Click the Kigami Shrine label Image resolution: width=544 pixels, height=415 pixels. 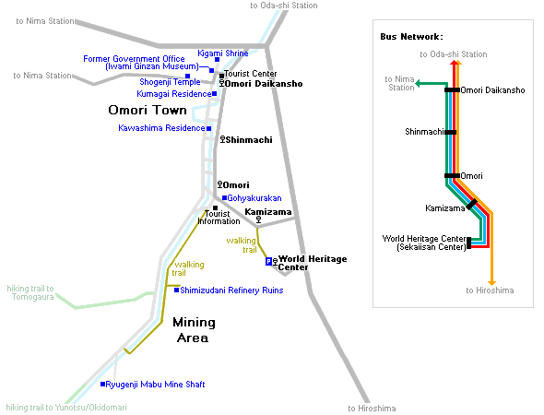pyautogui.click(x=223, y=53)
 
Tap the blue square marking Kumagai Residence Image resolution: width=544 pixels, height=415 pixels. pyautogui.click(x=215, y=93)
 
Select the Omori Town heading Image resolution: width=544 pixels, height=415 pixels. pyautogui.click(x=148, y=110)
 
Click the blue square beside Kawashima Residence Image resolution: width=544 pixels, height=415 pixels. pyautogui.click(x=209, y=128)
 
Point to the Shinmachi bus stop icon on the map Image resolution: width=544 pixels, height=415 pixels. pyautogui.click(x=223, y=139)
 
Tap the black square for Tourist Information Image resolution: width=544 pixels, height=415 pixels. pyautogui.click(x=215, y=207)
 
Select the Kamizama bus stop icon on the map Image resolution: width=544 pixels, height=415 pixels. pyautogui.click(x=258, y=219)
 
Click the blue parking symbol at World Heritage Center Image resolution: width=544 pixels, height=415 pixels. pyautogui.click(x=268, y=261)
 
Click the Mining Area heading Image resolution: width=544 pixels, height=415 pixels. pyautogui.click(x=194, y=330)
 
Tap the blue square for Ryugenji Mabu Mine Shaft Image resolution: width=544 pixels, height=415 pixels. pyautogui.click(x=102, y=385)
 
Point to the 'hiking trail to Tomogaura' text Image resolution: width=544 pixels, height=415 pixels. pyautogui.click(x=30, y=292)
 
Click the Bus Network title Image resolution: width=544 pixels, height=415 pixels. pyautogui.click(x=411, y=37)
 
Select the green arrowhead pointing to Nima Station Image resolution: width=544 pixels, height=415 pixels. pyautogui.click(x=419, y=83)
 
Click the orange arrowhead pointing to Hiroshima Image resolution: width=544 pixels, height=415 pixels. pyautogui.click(x=491, y=282)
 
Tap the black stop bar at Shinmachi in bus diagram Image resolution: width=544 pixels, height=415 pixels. pyautogui.click(x=450, y=132)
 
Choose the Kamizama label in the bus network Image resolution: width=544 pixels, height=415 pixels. pyautogui.click(x=445, y=208)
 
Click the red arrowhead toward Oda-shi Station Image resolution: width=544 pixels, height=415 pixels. pyautogui.click(x=454, y=63)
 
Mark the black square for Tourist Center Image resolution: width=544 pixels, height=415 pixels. pyautogui.click(x=221, y=76)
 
